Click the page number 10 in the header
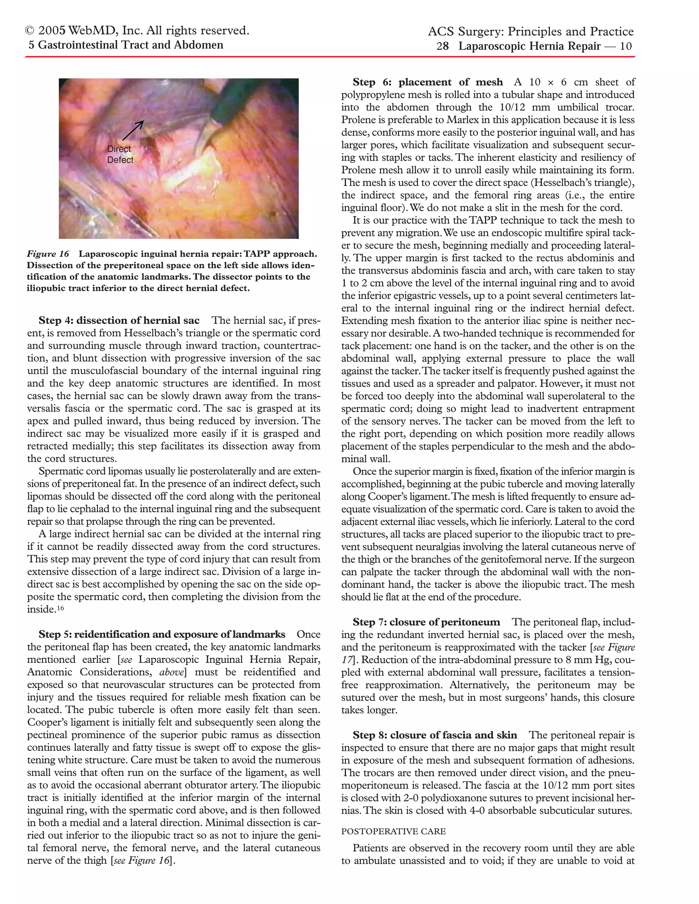tap(626, 46)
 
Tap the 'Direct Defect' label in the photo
tap(120, 155)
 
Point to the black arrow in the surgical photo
tap(133, 130)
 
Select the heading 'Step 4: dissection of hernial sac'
tap(119, 320)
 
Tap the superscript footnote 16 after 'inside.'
tap(60, 608)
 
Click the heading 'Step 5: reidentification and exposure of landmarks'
tap(161, 634)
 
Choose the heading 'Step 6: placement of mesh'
tap(427, 82)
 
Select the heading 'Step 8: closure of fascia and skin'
tap(434, 735)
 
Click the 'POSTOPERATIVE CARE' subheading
tap(394, 831)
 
